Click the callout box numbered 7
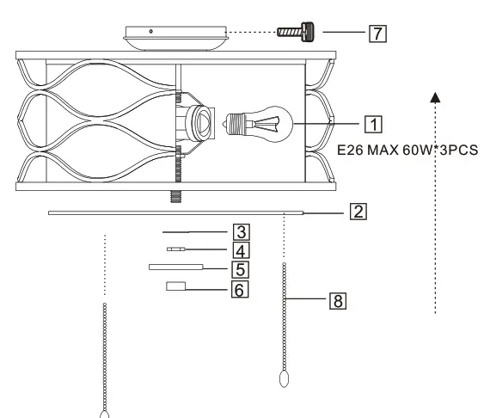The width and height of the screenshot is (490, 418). point(377,34)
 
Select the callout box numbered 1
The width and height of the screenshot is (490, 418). point(373,125)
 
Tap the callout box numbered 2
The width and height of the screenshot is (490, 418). point(358,212)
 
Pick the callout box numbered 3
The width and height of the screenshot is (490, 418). point(242,232)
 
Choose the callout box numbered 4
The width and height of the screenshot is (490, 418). point(241,251)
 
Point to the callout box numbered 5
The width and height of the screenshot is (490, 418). point(241,269)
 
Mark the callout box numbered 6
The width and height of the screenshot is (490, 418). point(240,289)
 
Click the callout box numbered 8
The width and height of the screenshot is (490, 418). point(338,301)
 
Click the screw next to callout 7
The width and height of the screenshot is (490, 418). point(296,32)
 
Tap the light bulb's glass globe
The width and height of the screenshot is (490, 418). point(273,124)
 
